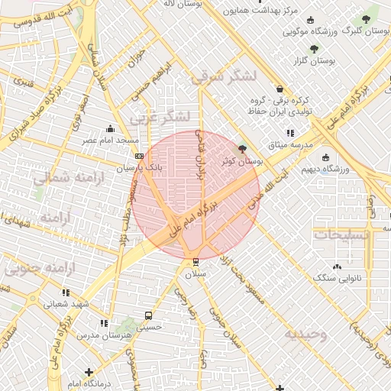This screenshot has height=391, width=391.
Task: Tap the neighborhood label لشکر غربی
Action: pyautogui.click(x=159, y=118)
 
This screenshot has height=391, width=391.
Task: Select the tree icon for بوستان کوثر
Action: pyautogui.click(x=243, y=149)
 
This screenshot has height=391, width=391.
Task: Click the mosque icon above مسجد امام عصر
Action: pyautogui.click(x=111, y=128)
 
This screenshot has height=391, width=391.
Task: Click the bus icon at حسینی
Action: pyautogui.click(x=147, y=315)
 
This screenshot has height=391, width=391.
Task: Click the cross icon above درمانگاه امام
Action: pyautogui.click(x=89, y=371)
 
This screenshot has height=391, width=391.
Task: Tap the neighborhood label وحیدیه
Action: pyautogui.click(x=305, y=334)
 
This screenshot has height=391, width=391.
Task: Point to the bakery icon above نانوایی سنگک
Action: pyautogui.click(x=337, y=267)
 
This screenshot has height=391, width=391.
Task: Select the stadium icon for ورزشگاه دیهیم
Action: pyautogui.click(x=326, y=157)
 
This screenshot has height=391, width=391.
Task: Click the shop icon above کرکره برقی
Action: pyautogui.click(x=280, y=89)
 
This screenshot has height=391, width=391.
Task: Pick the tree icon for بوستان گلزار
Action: pyautogui.click(x=312, y=48)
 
